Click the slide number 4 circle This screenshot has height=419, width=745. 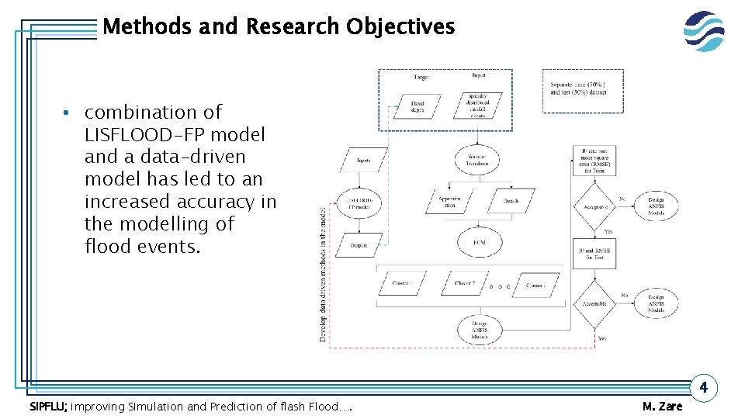pyautogui.click(x=703, y=386)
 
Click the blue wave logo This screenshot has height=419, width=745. pyautogui.click(x=704, y=31)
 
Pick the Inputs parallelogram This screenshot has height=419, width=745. pyautogui.click(x=363, y=161)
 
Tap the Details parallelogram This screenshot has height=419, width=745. pyautogui.click(x=511, y=201)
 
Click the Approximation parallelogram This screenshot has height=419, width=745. pyautogui.click(x=449, y=201)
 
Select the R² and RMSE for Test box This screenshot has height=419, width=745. pyautogui.click(x=594, y=254)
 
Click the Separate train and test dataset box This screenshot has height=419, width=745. pyautogui.click(x=578, y=88)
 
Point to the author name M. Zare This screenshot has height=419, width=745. pyautogui.click(x=663, y=407)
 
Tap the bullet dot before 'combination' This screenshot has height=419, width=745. pyautogui.click(x=69, y=114)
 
